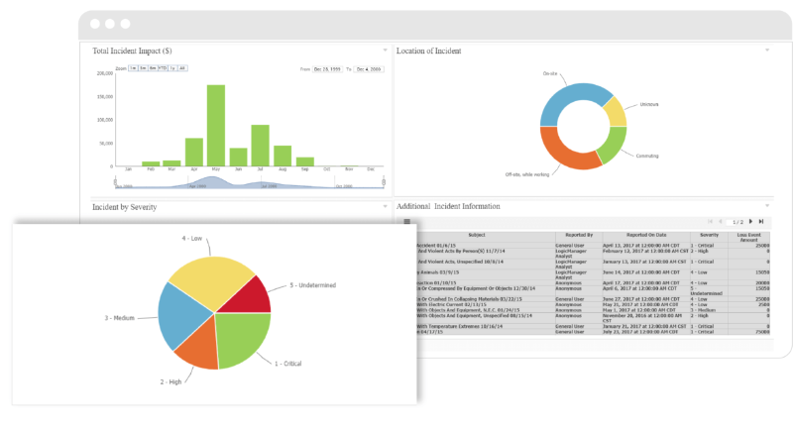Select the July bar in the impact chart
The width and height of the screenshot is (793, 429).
tap(260, 145)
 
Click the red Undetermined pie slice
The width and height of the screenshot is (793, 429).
tap(251, 295)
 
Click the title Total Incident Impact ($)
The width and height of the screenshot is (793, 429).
tap(132, 51)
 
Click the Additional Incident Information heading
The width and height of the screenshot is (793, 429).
tap(448, 206)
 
